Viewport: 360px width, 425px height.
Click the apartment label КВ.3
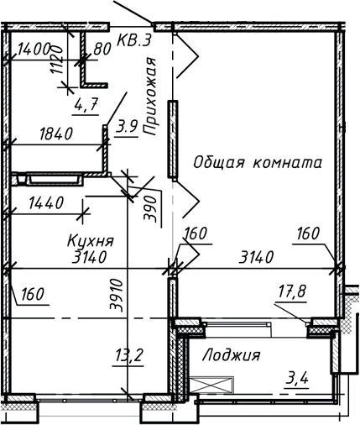(x=133, y=39)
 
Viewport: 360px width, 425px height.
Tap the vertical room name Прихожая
(x=151, y=97)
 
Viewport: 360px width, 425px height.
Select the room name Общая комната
(x=257, y=163)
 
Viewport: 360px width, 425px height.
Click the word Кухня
(x=90, y=241)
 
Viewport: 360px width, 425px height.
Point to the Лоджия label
(x=231, y=355)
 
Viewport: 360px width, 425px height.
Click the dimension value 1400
(x=34, y=49)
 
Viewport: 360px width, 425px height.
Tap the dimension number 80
(x=102, y=50)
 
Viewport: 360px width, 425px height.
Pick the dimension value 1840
(x=56, y=134)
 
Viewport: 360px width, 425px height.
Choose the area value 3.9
(x=127, y=127)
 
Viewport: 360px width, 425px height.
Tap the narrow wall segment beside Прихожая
(x=171, y=139)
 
